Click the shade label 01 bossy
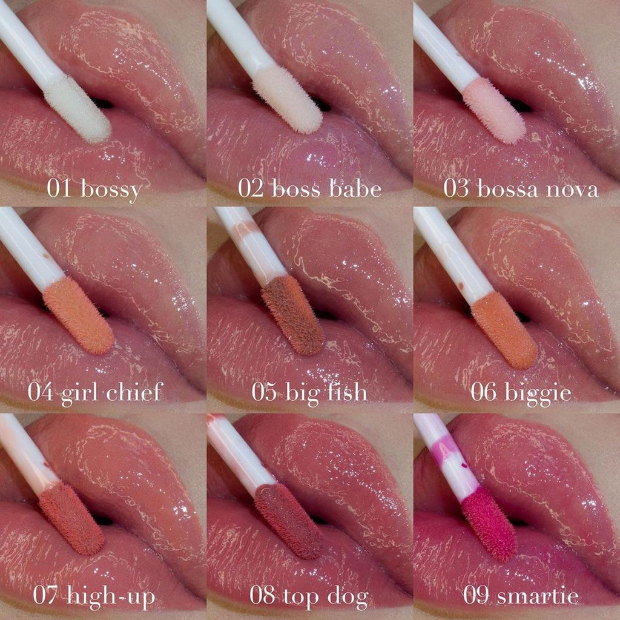coord(94,189)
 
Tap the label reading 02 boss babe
coord(309,188)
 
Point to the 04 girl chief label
coord(95,393)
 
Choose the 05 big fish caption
coord(309,393)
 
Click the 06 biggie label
coord(521,393)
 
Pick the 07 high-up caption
coord(94,596)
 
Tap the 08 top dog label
coord(309,596)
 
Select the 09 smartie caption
coord(521,596)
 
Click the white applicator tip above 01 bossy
coord(77,109)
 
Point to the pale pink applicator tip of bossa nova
coord(494,110)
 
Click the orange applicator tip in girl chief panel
coord(78,315)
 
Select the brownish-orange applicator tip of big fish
coord(292,314)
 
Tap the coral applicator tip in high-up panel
coord(71,518)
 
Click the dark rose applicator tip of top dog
coord(289,521)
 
